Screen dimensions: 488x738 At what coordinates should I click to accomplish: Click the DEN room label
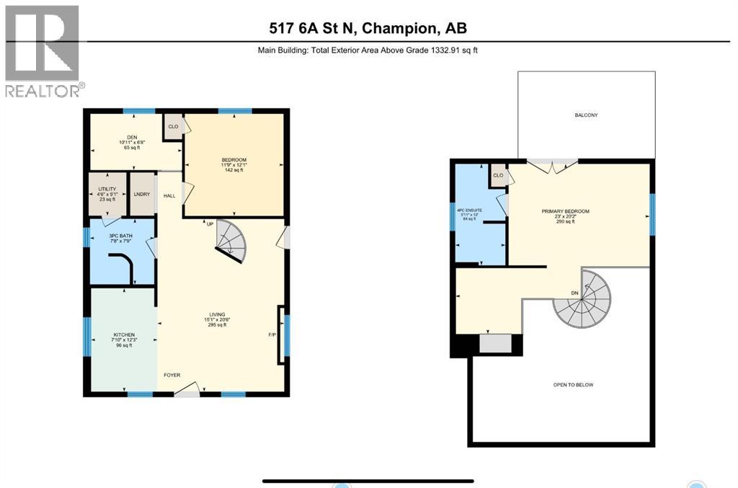[x=132, y=137]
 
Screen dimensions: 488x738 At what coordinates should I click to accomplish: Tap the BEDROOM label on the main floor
[x=234, y=159]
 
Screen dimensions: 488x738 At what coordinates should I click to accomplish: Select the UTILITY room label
[x=107, y=189]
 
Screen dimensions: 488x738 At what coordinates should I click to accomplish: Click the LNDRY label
[x=141, y=195]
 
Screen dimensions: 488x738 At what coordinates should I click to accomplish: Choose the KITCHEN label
[x=124, y=335]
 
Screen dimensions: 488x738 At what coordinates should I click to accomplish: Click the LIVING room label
[x=217, y=314]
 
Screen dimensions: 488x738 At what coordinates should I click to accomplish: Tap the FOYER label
[x=172, y=375]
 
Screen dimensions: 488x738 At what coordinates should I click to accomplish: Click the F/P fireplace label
[x=273, y=335]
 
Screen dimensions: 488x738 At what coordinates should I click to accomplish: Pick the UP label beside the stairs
[x=210, y=223]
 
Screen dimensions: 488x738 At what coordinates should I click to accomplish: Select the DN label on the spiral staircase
[x=574, y=293]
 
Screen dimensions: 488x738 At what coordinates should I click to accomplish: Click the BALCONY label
[x=586, y=115]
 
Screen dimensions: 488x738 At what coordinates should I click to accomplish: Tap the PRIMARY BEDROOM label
[x=565, y=211]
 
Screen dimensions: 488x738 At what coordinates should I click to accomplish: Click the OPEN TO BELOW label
[x=573, y=385]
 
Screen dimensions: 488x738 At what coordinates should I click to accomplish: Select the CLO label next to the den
[x=173, y=127]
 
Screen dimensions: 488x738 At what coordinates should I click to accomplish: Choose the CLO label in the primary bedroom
[x=498, y=175]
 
